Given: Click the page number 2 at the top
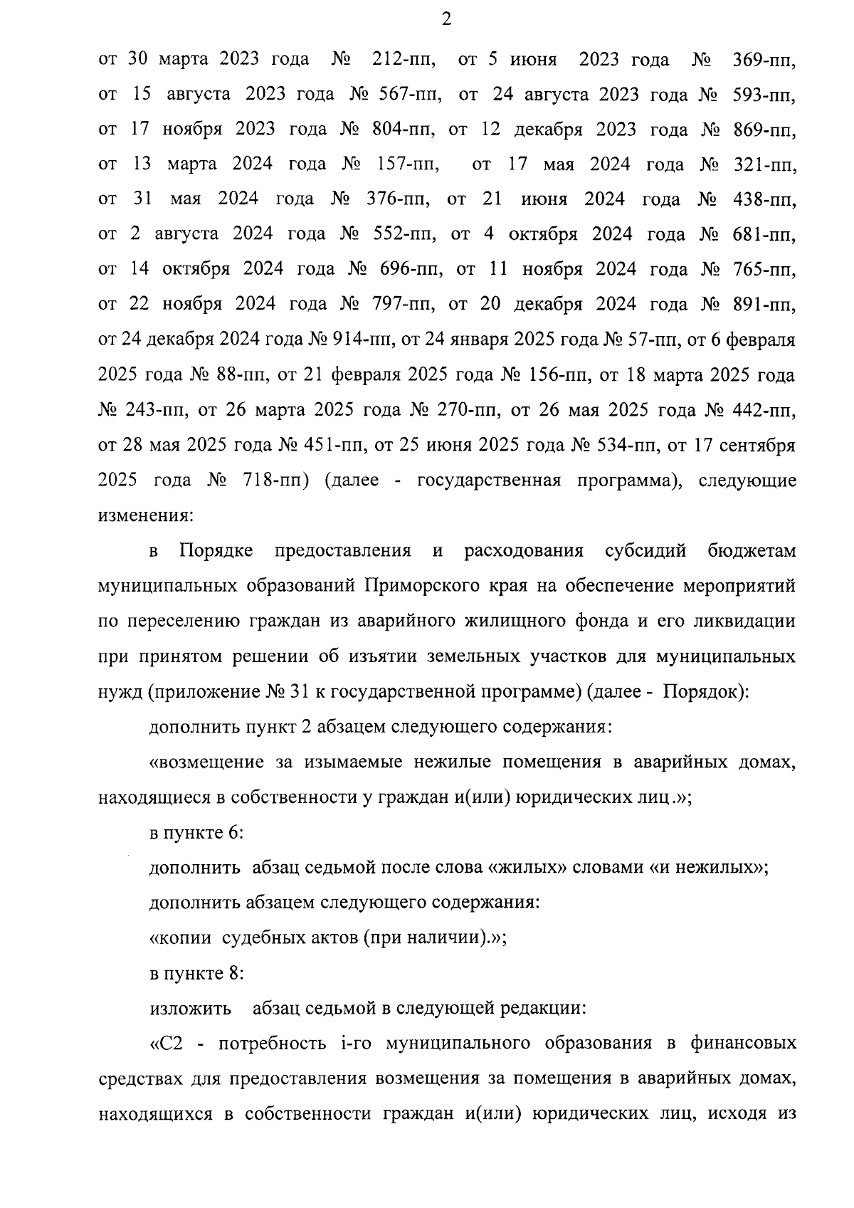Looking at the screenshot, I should pos(446,20).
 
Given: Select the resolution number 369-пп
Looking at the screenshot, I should pos(764,60).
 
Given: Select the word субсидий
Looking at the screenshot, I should pos(645,551).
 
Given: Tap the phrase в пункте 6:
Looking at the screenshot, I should pos(197,832).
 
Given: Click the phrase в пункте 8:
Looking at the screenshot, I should pos(197,973).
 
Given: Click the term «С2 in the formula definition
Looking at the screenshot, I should pos(168,1044).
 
